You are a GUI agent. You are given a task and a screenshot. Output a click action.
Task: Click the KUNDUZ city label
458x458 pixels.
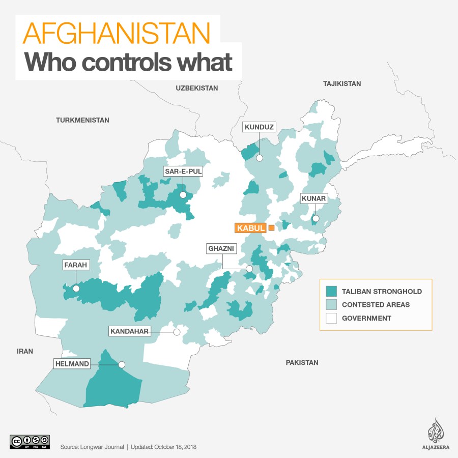[260, 127]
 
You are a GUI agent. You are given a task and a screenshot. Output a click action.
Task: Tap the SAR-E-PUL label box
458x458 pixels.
[183, 171]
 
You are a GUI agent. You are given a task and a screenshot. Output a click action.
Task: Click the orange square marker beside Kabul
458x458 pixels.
[271, 227]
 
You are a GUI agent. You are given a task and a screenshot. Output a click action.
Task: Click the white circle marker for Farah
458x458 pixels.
[76, 288]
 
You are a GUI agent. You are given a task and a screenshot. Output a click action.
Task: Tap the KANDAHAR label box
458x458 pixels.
[129, 332]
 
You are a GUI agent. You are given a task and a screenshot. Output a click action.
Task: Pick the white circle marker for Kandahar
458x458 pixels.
[177, 332]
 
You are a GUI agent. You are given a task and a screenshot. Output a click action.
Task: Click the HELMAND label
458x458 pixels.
[73, 364]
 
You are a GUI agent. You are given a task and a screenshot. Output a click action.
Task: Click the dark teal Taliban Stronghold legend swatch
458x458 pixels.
[332, 292]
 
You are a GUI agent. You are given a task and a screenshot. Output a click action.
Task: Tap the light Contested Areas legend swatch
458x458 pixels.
[332, 305]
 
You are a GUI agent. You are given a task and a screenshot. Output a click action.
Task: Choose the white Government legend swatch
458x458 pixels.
[332, 319]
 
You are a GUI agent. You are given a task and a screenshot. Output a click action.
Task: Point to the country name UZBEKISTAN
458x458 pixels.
[197, 88]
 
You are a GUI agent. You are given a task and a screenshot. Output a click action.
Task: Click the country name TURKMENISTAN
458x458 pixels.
[82, 120]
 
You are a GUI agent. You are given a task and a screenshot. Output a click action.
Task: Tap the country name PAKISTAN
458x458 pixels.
[302, 363]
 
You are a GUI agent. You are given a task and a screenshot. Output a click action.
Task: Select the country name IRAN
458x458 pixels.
[24, 351]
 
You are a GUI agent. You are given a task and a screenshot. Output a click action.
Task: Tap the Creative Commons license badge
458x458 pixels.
[30, 441]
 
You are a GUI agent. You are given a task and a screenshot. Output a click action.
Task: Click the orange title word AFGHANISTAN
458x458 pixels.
[117, 34]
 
